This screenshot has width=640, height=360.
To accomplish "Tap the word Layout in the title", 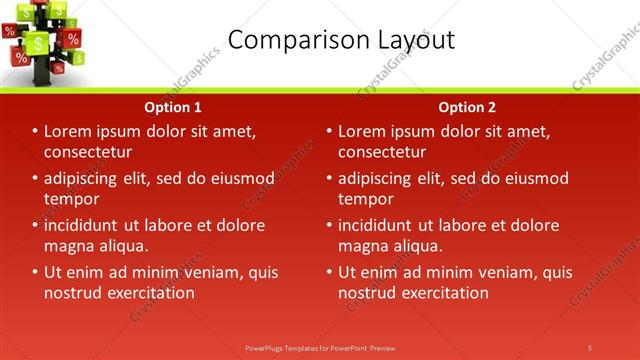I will (x=412, y=40).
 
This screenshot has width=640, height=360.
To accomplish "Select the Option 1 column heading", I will (x=173, y=107).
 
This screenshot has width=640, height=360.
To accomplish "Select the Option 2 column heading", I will (x=466, y=107).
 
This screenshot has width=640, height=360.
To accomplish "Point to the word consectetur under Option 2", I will (x=382, y=152).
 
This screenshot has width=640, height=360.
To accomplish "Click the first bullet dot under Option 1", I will (x=35, y=132).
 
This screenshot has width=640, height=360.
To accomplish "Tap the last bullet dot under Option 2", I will (x=329, y=273).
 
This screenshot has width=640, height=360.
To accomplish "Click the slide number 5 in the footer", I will (x=590, y=347).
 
